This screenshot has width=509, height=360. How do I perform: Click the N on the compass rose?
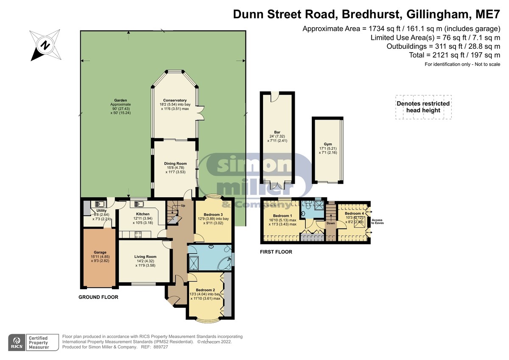click(x=45, y=45)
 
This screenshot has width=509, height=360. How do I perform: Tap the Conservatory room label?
click(x=175, y=100)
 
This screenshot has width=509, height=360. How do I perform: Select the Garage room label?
click(x=100, y=252)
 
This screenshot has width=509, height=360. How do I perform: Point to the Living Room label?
click(x=145, y=257)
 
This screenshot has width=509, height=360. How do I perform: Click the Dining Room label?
click(x=176, y=164)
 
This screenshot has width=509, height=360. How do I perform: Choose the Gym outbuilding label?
click(x=327, y=144)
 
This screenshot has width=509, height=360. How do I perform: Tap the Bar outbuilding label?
click(x=277, y=132)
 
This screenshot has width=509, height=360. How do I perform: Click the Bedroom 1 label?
click(x=282, y=215)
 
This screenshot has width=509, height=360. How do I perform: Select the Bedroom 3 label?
click(x=213, y=215)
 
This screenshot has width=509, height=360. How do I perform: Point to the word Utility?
click(x=101, y=211)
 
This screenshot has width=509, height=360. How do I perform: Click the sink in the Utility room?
click(x=99, y=204)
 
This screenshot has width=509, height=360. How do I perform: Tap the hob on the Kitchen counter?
click(x=138, y=234)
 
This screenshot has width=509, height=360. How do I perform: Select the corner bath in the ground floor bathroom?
click(x=225, y=263)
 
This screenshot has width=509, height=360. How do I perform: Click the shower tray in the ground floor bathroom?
click(x=193, y=263)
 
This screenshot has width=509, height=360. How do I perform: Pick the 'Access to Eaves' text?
click(x=377, y=221)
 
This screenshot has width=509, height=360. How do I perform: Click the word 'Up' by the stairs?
click(x=183, y=206)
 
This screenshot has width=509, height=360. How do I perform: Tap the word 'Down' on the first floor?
click(x=330, y=223)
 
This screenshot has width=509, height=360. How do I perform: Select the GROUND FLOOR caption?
click(x=98, y=297)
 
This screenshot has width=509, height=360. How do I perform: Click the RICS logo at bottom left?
click(x=17, y=343)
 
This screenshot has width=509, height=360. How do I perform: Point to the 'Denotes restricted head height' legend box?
click(x=423, y=107)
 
